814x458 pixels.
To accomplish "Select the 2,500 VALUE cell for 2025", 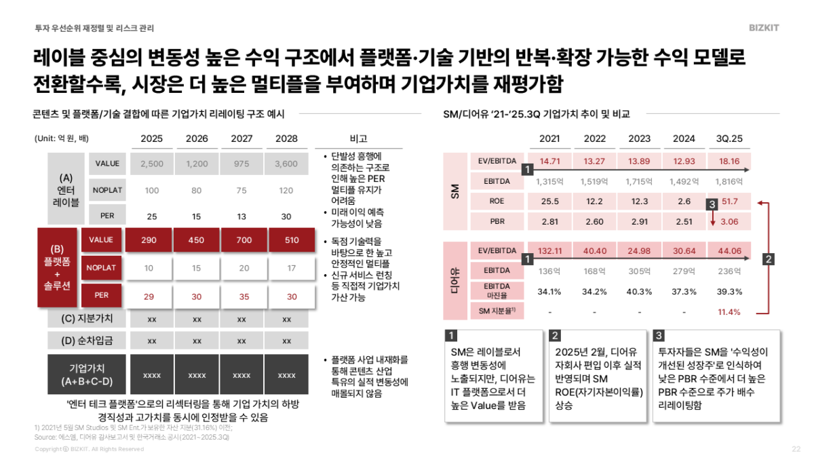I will [152, 164].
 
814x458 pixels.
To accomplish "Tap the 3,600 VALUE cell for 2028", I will [287, 164].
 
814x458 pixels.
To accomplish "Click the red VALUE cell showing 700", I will [241, 240].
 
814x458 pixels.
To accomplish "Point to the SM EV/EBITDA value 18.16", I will [729, 161].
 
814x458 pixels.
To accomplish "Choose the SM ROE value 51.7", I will [730, 202].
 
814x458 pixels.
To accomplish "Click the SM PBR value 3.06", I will [729, 221].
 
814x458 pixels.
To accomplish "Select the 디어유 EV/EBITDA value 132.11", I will [549, 251].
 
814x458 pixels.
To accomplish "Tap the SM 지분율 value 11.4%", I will [729, 312].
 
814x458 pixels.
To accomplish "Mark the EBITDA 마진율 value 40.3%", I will [640, 291].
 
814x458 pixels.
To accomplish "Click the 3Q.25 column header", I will [729, 139].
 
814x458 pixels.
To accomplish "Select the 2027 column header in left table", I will [241, 138].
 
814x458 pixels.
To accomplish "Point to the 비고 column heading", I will [358, 138].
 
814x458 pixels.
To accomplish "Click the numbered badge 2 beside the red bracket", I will [767, 259].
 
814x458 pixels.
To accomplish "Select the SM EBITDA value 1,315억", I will [549, 181].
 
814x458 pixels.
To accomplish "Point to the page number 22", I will [796, 449].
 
